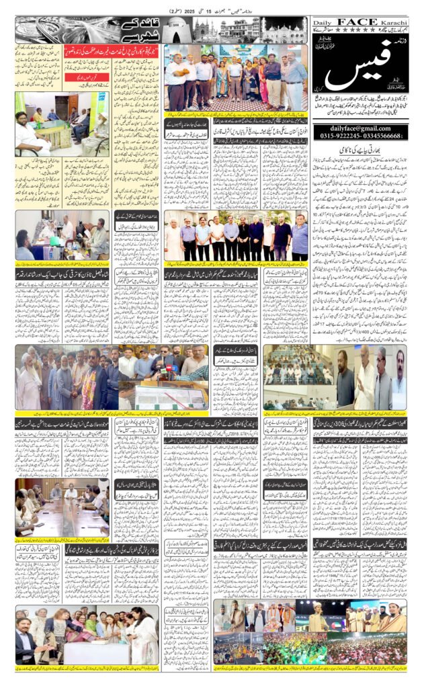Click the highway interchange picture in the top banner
pos(38,30)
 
